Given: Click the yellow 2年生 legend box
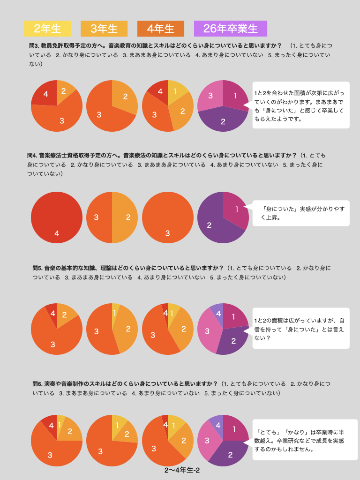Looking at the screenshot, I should (x=47, y=29).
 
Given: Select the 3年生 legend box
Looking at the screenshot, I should (x=104, y=29).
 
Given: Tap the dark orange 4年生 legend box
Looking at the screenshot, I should (x=161, y=29).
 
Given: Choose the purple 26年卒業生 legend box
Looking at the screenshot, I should (x=231, y=29).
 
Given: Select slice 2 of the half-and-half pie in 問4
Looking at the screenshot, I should (x=126, y=217).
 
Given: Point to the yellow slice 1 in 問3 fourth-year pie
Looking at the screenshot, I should (x=176, y=91).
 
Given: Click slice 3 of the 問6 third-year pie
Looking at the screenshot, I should (x=101, y=450).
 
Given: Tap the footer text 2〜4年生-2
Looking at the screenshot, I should (x=182, y=470).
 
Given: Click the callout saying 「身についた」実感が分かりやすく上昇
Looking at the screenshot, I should (x=300, y=213).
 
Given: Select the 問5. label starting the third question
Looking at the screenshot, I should (x=37, y=268).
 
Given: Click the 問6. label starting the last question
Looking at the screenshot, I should (x=37, y=383).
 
